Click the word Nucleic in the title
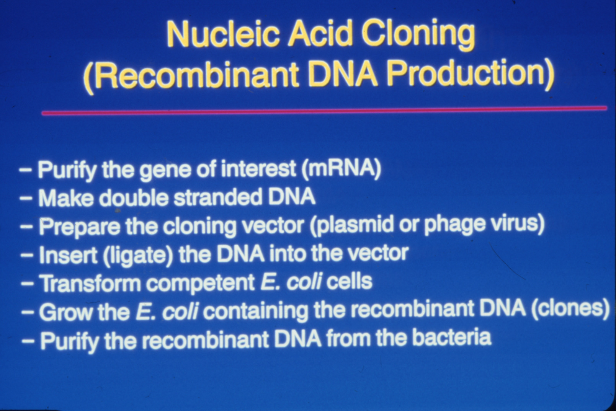coord(222,36)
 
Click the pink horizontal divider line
coord(324,111)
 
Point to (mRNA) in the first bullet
coord(341,168)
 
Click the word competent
coord(200,283)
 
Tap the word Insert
coord(69,254)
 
